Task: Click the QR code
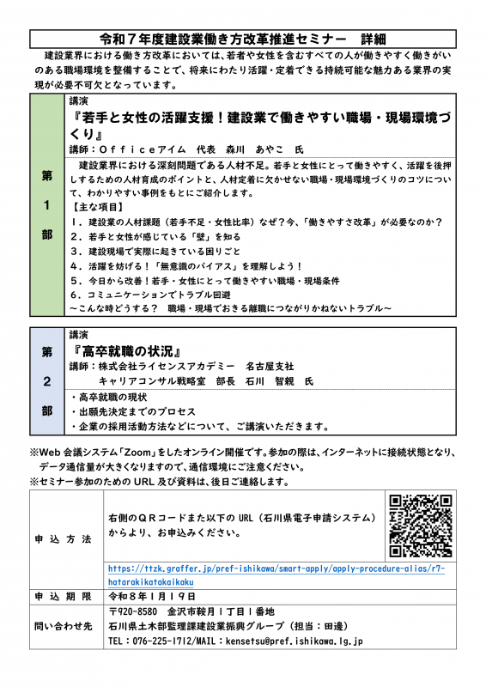(x=421, y=526)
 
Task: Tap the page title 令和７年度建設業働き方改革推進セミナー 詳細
(x=243, y=40)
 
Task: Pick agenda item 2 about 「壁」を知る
(x=155, y=236)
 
